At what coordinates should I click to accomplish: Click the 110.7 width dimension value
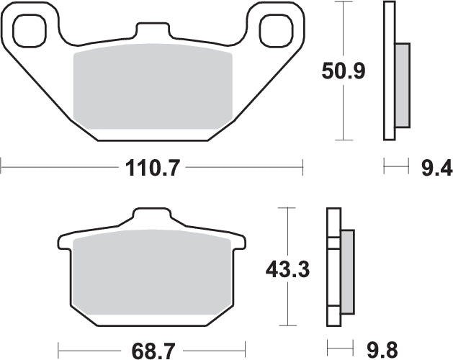tap(151, 169)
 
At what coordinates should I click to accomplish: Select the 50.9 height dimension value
tap(343, 71)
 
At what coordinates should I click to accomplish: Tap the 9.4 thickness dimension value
tap(436, 169)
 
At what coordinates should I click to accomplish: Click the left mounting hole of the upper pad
tap(30, 28)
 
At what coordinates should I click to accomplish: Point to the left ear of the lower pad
tap(64, 242)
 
